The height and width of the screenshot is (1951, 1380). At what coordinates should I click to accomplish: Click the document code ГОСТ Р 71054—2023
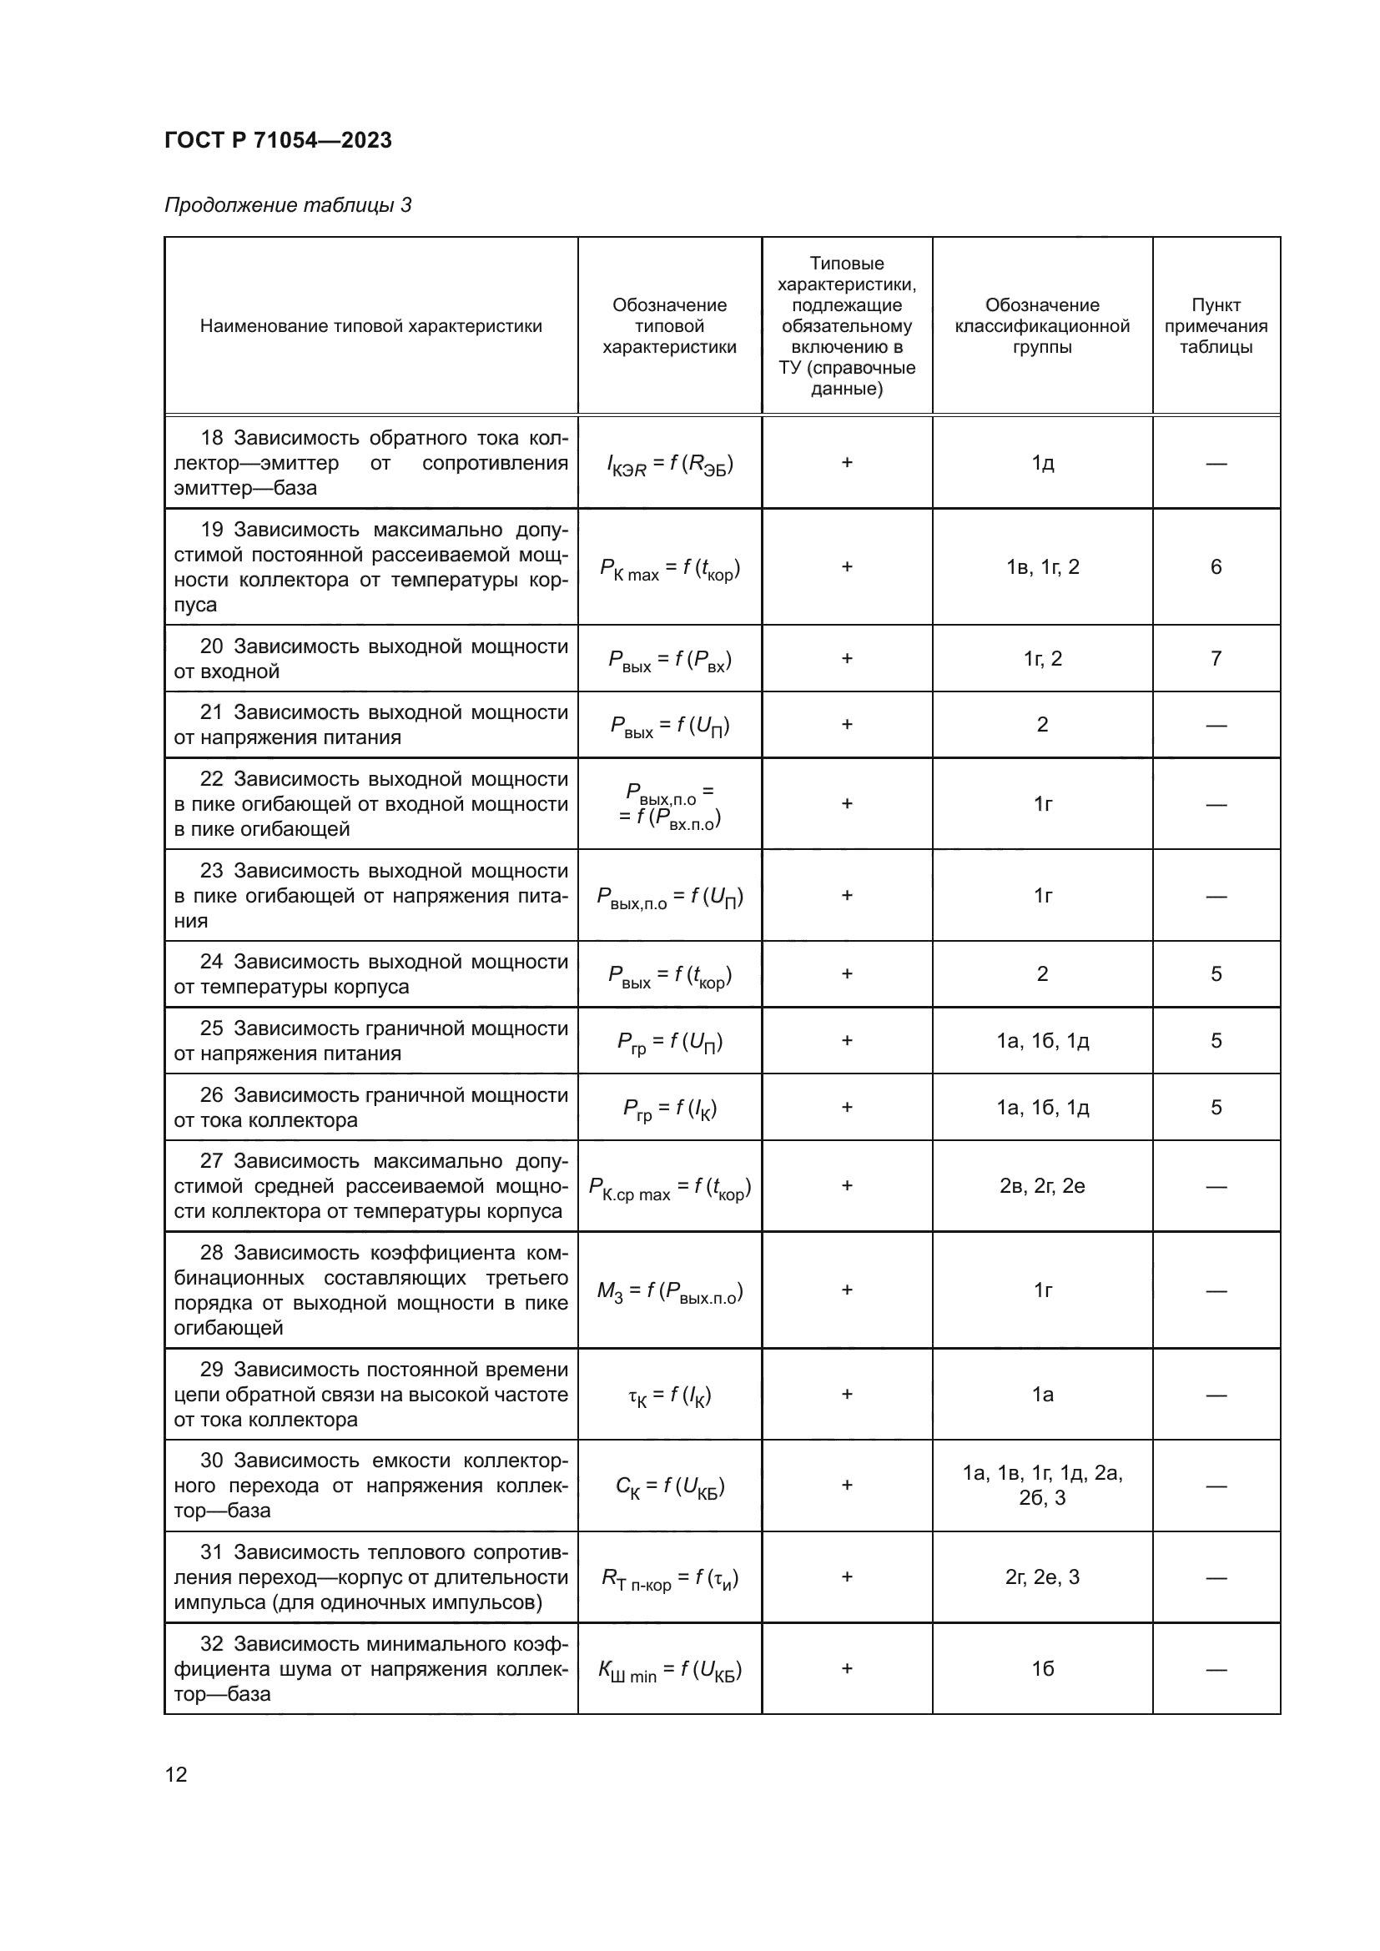[x=278, y=140]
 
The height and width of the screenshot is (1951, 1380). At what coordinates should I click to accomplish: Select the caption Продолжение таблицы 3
[x=287, y=205]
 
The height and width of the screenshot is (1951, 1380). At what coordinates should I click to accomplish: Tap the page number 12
[x=176, y=1774]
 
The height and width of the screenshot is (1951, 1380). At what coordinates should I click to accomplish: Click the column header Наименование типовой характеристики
[x=370, y=326]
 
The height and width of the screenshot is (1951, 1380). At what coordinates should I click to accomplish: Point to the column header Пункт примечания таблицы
[x=1215, y=326]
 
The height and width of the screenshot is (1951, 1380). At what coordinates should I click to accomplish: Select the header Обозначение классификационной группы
[x=1042, y=326]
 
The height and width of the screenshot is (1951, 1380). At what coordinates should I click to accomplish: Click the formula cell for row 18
[x=670, y=464]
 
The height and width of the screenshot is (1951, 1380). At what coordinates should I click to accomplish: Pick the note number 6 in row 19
[x=1215, y=566]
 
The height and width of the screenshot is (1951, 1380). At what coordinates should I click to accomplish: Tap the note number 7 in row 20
[x=1215, y=659]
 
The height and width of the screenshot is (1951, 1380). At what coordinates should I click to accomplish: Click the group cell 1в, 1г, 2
[x=1042, y=566]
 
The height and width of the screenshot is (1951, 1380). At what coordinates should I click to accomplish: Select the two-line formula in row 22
[x=670, y=805]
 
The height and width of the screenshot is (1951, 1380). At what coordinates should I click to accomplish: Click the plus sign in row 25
[x=846, y=1041]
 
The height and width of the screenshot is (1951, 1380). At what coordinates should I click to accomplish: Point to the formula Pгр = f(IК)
[x=670, y=1108]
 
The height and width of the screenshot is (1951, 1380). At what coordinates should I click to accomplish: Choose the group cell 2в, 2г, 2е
[x=1042, y=1186]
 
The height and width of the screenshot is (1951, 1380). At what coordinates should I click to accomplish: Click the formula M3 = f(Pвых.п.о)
[x=670, y=1291]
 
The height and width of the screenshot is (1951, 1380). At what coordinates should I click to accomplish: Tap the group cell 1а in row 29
[x=1042, y=1395]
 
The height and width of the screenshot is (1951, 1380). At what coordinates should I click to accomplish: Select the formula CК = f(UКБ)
[x=670, y=1486]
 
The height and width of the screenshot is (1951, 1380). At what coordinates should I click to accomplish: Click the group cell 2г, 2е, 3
[x=1042, y=1578]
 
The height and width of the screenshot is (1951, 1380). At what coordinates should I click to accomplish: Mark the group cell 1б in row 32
[x=1042, y=1670]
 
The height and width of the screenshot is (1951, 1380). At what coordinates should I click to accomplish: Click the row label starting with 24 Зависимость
[x=370, y=974]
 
